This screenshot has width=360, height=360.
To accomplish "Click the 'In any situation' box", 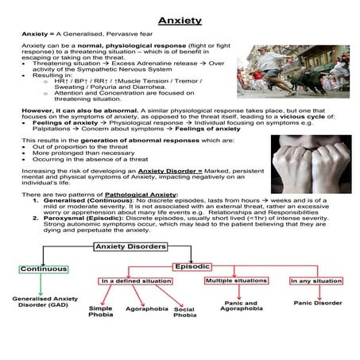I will click(315, 281).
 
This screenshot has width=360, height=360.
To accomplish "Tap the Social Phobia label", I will click(184, 312).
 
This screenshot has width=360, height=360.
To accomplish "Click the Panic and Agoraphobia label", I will click(238, 307).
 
